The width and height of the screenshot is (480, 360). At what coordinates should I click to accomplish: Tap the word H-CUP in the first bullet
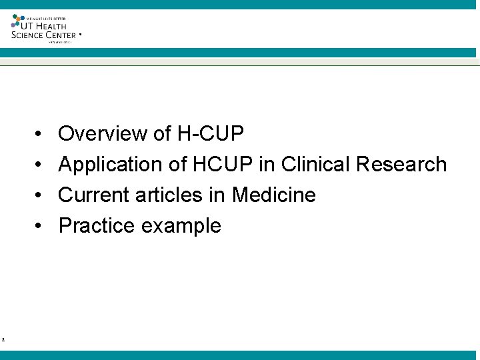point(211,134)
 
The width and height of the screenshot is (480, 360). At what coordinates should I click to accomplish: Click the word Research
point(402,165)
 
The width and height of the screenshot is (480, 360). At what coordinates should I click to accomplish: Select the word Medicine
point(273,195)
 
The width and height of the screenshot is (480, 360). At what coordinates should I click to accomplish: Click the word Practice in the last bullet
point(97,226)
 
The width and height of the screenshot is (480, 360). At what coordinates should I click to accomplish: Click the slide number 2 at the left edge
point(3,340)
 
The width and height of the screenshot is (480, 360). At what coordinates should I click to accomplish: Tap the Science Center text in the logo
point(44,35)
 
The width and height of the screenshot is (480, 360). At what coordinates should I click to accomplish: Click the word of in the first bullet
point(163,134)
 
